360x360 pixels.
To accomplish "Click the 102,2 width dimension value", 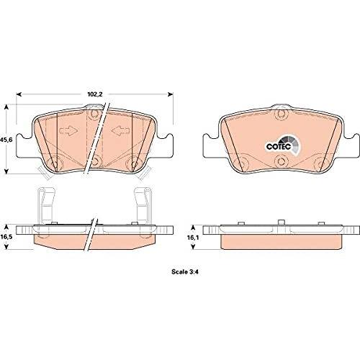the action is pyautogui.click(x=95, y=94).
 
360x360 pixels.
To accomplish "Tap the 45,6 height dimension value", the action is pyautogui.click(x=6, y=140).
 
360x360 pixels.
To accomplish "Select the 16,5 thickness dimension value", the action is pyautogui.click(x=6, y=237).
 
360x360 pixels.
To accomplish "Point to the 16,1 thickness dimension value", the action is pyautogui.click(x=192, y=238).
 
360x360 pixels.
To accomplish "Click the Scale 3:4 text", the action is pyautogui.click(x=186, y=272).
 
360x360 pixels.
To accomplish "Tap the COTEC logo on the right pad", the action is pyautogui.click(x=283, y=145).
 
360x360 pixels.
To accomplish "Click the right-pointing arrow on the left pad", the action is pyautogui.click(x=68, y=130).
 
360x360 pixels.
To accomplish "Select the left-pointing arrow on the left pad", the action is pyautogui.click(x=120, y=130).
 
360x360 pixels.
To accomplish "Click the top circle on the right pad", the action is pyautogui.click(x=282, y=114).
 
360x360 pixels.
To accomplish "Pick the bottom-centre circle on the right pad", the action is pyautogui.click(x=281, y=161).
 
